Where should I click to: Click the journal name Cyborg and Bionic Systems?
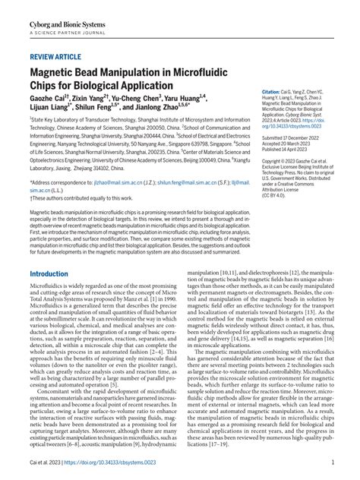pos(67,14)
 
